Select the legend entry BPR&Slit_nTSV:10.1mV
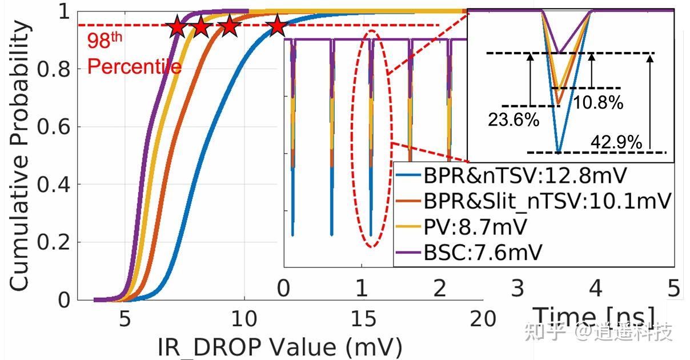546,201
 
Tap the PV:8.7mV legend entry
475,226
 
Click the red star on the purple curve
178,26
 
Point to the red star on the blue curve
276,26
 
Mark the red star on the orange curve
229,26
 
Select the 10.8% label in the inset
598,103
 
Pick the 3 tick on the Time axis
517,289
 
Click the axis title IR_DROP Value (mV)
280,346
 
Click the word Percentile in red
134,67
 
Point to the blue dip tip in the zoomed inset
558,151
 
